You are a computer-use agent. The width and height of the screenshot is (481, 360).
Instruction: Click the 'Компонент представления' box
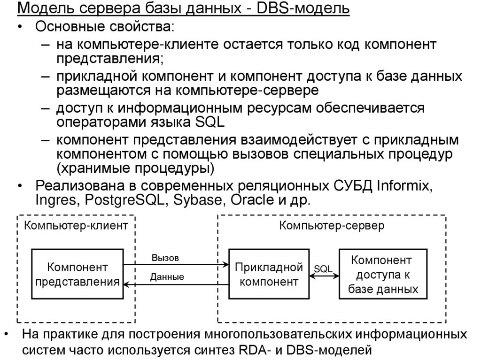77,275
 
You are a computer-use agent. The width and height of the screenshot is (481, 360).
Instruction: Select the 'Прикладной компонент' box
268,275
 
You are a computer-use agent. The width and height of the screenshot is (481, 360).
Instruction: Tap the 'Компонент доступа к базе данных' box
382,275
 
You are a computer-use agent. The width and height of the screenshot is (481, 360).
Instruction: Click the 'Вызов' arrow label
165,258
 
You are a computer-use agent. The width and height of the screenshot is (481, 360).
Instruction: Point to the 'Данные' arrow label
167,277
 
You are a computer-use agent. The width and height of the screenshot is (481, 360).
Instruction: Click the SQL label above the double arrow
323,268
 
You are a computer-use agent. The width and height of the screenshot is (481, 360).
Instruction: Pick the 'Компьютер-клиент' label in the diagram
76,226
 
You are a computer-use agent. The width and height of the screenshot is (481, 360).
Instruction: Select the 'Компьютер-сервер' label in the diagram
332,226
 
